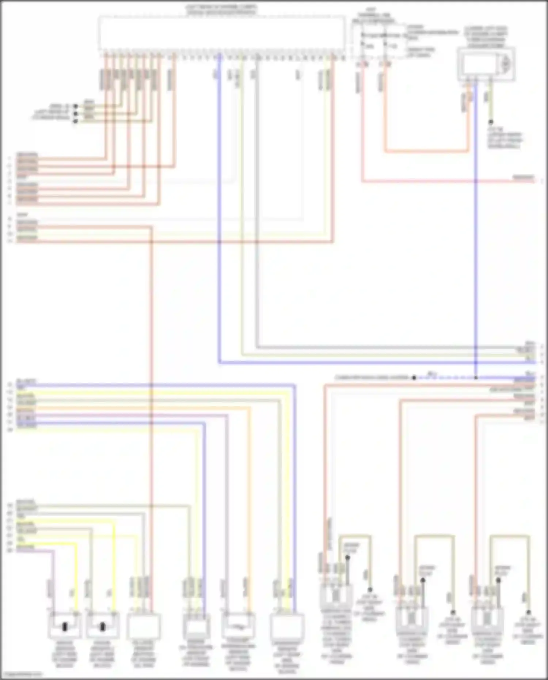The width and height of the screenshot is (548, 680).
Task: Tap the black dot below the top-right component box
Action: (x=491, y=122)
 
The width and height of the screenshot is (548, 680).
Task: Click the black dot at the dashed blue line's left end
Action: (x=414, y=377)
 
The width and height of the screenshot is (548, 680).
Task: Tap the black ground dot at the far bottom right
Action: (x=528, y=612)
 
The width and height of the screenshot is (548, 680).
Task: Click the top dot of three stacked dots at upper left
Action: (x=75, y=106)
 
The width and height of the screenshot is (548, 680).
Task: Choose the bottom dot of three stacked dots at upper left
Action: (x=75, y=121)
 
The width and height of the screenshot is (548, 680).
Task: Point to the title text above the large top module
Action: (x=222, y=10)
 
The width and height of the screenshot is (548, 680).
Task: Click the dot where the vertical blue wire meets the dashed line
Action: (x=476, y=377)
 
